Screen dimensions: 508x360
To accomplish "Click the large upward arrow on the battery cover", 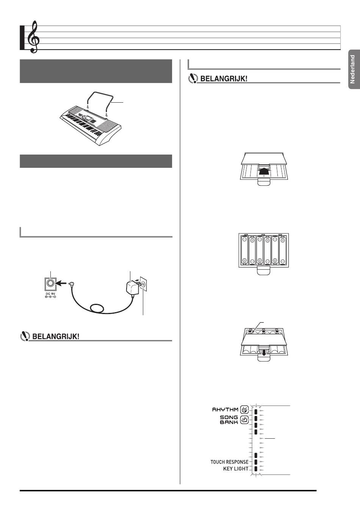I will tap(264, 172).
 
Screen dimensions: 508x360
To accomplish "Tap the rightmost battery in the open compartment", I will tap(283, 250).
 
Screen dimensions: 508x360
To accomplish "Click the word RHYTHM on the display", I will tap(225, 410).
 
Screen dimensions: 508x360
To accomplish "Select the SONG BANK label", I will tap(229, 419).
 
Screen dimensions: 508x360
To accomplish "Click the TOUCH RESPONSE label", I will tap(229, 462).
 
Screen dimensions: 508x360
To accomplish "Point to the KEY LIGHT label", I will tap(236, 469).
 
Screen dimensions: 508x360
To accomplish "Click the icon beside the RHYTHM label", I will tap(245, 410).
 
